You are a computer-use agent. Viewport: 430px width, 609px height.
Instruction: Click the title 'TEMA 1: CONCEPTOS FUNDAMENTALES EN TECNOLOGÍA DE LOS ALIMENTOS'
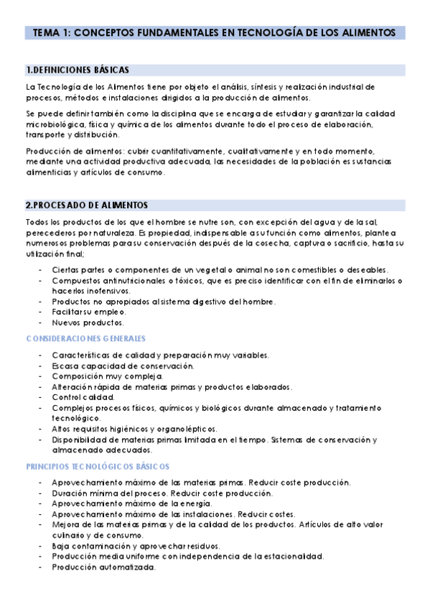(215, 33)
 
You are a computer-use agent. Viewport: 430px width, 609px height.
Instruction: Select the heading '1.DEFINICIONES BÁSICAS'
(77, 70)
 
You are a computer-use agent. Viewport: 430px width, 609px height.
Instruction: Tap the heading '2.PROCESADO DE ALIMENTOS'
(86, 205)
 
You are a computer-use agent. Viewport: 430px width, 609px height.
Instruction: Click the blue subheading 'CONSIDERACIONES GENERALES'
(85, 338)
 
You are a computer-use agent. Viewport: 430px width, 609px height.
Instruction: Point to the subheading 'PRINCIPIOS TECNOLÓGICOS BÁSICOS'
(97, 466)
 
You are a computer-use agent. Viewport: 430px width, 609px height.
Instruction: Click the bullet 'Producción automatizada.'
(103, 567)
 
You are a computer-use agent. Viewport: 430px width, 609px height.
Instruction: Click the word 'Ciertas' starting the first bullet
(66, 269)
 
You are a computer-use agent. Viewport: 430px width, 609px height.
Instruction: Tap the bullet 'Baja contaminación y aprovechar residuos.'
(136, 546)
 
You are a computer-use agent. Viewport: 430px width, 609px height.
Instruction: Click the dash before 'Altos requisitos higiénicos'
(39, 429)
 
